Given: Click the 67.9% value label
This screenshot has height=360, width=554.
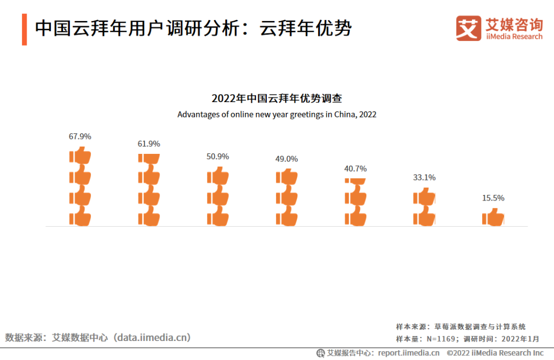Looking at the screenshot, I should coord(80,136).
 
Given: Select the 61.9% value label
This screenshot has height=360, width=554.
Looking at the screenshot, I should coord(149,144).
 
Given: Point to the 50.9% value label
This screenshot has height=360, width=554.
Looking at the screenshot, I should coord(217,157).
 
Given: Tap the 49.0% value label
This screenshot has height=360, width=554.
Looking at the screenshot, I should coord(286,159).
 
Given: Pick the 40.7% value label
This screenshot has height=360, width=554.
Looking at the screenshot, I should coord(355,169).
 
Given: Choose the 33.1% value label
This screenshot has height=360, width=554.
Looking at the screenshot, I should coord(424,178).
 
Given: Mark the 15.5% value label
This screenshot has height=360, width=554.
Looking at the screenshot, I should coord(493,198).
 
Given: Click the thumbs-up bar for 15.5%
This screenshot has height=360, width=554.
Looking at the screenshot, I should coord(493,217).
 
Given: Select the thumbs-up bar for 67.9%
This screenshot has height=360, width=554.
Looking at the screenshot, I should coord(80,187).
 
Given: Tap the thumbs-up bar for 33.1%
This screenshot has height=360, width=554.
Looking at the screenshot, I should coord(424,207).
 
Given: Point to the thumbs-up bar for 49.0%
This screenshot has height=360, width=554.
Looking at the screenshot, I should coord(286,197).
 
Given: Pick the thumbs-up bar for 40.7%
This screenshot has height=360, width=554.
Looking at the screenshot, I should coord(355,202).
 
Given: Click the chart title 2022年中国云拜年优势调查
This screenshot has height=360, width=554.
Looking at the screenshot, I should coord(277,98).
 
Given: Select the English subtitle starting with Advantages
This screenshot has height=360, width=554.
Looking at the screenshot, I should coord(277,114).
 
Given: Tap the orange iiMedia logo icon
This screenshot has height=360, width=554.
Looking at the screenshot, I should coord(469,28).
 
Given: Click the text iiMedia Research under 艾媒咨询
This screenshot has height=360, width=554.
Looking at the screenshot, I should coord(513,36).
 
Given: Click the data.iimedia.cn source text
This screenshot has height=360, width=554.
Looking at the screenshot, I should coord(152,337).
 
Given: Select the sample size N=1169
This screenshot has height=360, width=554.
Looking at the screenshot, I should coord(438,339).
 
